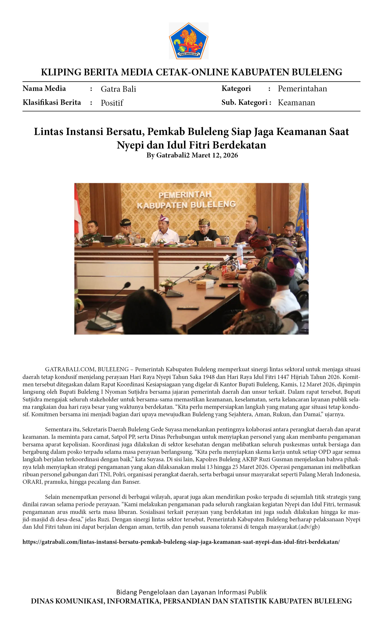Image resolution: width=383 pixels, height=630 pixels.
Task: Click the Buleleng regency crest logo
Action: tap(188, 41)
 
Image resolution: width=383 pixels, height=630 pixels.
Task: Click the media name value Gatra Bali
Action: tap(118, 89)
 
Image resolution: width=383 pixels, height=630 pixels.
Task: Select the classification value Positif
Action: tap(112, 103)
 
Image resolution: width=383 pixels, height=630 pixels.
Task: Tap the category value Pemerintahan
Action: tap(302, 89)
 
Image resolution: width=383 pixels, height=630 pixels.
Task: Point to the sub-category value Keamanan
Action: tap(296, 103)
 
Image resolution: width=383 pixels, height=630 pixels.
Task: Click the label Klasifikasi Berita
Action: tap(52, 102)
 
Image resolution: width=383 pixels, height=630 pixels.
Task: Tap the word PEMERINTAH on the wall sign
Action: tap(185, 195)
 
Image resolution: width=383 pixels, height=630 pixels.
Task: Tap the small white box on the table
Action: tap(205, 283)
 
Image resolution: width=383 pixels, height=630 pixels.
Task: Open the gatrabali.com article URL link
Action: tap(181, 542)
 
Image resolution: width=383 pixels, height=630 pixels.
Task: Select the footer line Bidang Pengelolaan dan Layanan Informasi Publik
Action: tap(191, 592)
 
